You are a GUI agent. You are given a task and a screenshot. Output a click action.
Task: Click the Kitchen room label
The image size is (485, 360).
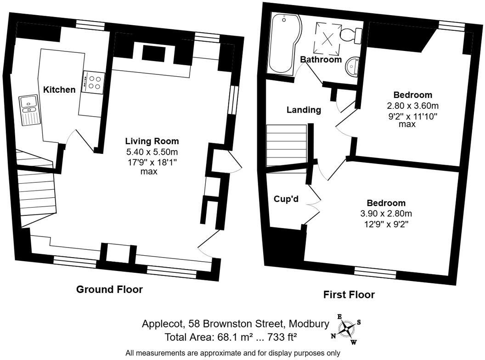click(59, 90)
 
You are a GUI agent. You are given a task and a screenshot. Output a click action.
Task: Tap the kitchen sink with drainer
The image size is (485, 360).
click(29, 110)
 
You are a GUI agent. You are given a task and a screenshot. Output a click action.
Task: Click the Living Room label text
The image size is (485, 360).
click(152, 141)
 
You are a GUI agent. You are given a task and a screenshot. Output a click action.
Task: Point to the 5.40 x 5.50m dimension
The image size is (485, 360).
click(152, 152)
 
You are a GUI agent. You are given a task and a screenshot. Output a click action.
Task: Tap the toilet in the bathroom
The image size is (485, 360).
click(351, 34)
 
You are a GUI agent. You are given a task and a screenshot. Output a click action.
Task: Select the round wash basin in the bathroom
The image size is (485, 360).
click(352, 66)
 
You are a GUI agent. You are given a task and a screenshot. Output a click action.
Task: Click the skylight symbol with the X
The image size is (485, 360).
click(327, 39)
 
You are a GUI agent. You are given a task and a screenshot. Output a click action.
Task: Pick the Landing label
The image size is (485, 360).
click(304, 110)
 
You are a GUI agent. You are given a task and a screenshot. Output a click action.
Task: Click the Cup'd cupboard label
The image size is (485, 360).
click(286, 198)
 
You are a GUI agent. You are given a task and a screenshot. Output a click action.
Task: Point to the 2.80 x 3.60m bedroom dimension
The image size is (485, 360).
click(412, 106)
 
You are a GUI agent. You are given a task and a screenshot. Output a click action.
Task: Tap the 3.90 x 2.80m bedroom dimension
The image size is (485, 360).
click(386, 214)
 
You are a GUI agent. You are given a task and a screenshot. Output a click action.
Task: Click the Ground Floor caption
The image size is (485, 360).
click(109, 289)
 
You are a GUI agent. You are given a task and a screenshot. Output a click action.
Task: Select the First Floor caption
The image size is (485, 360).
click(349, 294)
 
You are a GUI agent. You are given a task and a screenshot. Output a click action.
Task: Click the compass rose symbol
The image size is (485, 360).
click(346, 329)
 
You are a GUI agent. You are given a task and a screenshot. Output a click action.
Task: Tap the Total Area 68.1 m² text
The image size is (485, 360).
click(231, 337)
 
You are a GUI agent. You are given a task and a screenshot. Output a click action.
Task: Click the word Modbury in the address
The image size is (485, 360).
click(309, 324)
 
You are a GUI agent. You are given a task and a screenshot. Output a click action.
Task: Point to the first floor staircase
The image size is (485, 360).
click(287, 146)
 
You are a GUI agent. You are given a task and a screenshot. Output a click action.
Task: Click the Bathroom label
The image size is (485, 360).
click(321, 59)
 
